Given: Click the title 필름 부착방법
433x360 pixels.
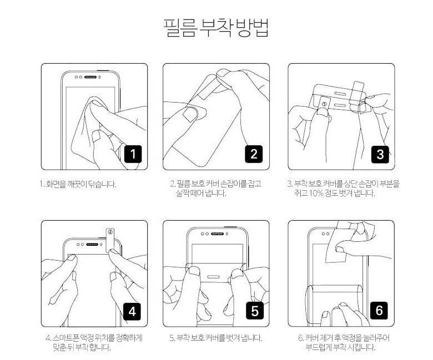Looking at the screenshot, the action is (216, 28).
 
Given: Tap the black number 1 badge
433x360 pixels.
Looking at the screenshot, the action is (133, 154).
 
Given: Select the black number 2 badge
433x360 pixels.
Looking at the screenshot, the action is (254, 154).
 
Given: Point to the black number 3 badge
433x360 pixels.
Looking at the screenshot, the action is (380, 154).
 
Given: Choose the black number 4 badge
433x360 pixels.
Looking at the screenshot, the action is (132, 311).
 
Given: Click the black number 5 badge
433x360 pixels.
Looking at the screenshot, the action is (255, 311).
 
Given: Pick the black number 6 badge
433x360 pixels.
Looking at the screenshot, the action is (379, 311).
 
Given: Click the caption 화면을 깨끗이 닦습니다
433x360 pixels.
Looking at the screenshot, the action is (81, 184).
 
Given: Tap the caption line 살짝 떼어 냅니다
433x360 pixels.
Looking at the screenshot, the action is (201, 193).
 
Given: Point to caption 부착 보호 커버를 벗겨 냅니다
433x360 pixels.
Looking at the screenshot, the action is (219, 338).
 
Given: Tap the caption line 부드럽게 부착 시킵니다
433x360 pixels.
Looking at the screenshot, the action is (340, 347).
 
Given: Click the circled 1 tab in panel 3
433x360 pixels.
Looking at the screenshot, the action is (325, 105).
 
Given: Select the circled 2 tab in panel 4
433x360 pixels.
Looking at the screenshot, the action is (110, 240).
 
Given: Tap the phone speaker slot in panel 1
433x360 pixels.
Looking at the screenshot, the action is (90, 77).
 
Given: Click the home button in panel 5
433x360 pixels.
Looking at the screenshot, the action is (213, 277).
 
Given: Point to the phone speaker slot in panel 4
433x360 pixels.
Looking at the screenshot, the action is (92, 245).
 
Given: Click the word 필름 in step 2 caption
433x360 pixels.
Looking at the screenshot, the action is (184, 184).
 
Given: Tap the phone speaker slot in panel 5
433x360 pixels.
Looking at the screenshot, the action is (218, 234).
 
